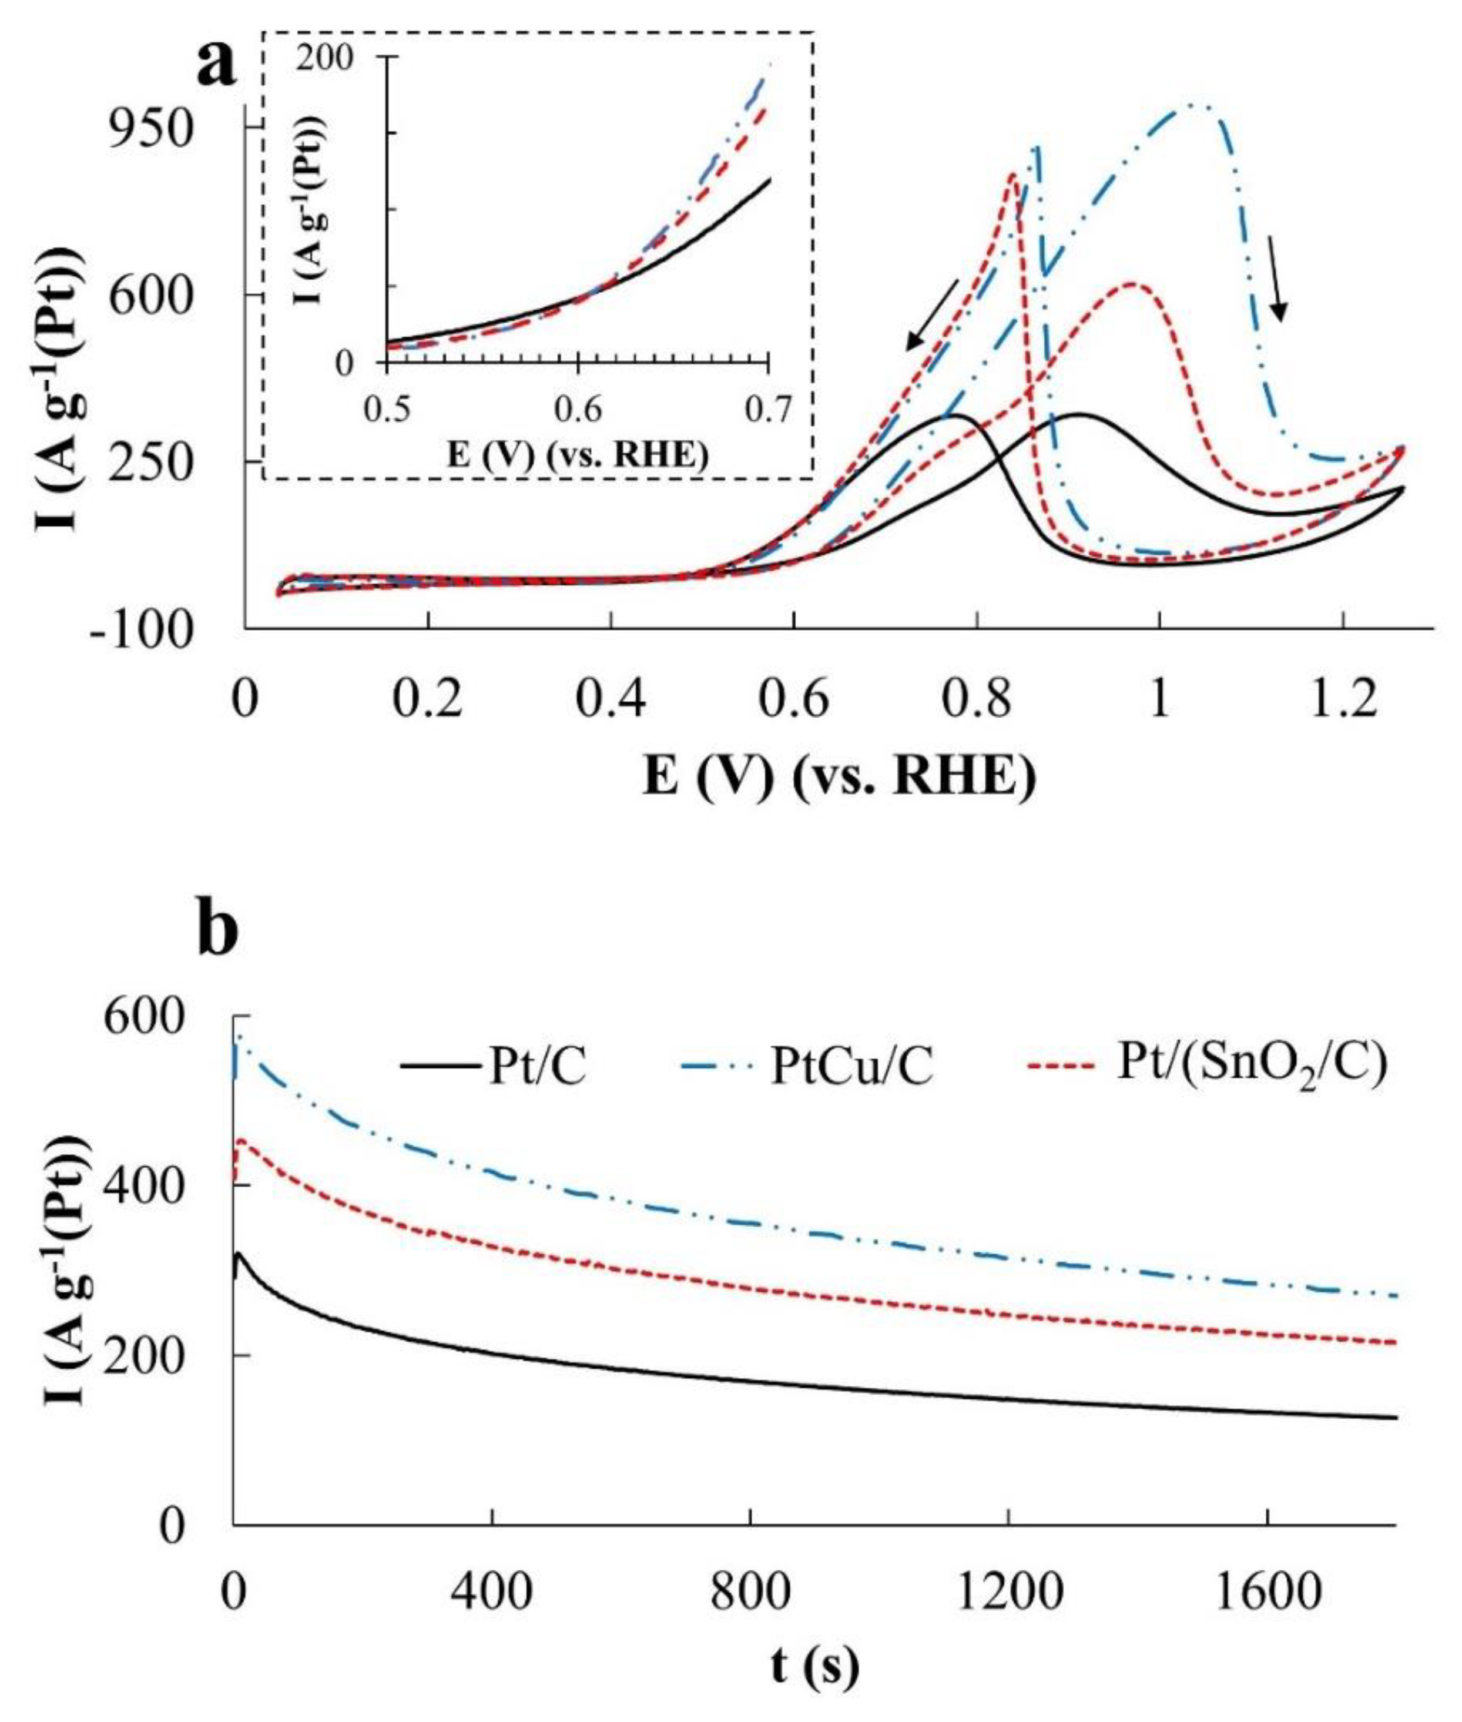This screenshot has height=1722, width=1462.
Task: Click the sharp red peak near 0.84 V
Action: coord(1011,173)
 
